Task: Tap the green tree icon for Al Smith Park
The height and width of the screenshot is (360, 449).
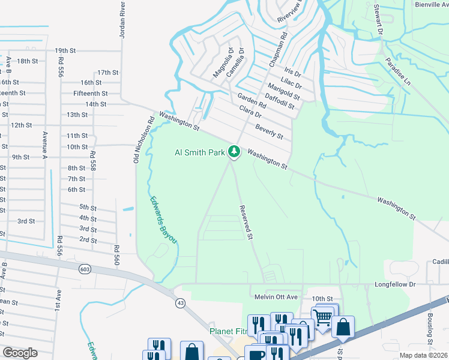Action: click(234, 151)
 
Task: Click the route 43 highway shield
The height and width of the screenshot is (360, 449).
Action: click(179, 303)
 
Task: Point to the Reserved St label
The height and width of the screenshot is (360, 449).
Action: click(245, 223)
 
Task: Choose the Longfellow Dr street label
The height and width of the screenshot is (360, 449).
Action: click(395, 284)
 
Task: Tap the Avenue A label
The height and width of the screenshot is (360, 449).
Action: click(44, 145)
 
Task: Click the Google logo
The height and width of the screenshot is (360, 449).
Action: click(20, 352)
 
